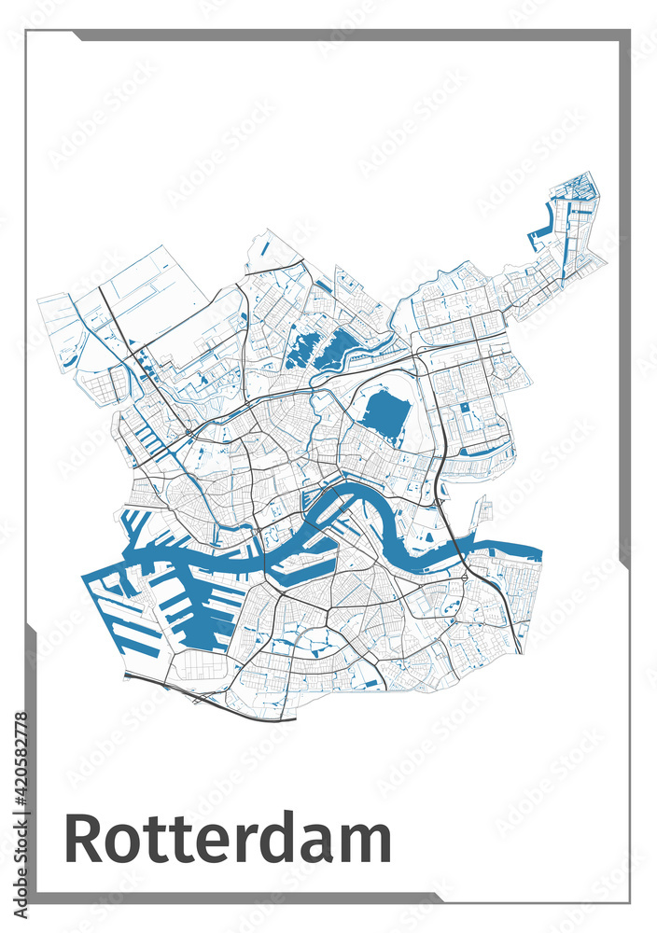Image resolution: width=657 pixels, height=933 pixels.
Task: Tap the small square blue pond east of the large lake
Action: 465,408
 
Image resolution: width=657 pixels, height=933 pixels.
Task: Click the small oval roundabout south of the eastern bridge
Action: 464,585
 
